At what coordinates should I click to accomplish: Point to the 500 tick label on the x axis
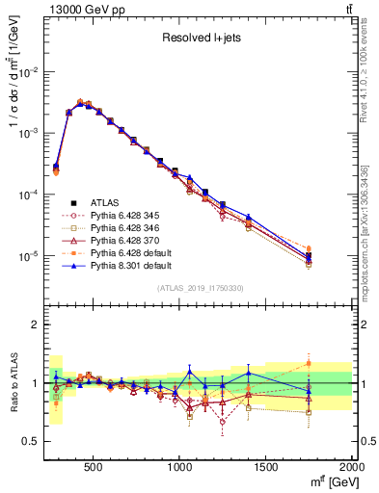[94, 467]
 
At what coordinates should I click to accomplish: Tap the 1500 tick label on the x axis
[266, 467]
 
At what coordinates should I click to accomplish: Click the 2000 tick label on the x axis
[352, 467]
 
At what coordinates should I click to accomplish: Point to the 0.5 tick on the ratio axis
[31, 441]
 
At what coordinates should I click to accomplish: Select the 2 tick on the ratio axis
[37, 324]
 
